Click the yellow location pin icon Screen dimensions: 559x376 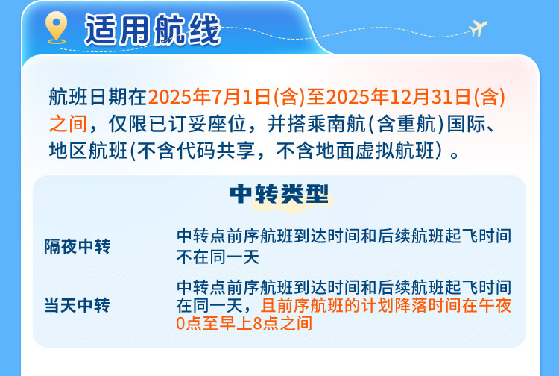(57, 27)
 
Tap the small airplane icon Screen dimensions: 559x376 (478, 28)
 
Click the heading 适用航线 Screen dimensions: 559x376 (152, 30)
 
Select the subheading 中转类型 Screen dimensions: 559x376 (279, 194)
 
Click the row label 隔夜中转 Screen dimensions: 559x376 (78, 246)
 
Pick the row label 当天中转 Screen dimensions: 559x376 (78, 306)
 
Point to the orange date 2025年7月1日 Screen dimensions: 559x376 (209, 97)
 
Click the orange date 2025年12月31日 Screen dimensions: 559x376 (399, 97)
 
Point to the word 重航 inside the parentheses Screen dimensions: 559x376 (417, 124)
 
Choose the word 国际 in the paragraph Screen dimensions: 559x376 (467, 124)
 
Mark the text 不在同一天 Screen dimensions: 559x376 (218, 257)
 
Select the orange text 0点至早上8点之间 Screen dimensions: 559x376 (244, 323)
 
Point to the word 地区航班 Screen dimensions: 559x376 (88, 151)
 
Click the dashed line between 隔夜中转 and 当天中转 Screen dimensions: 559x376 (279, 272)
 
